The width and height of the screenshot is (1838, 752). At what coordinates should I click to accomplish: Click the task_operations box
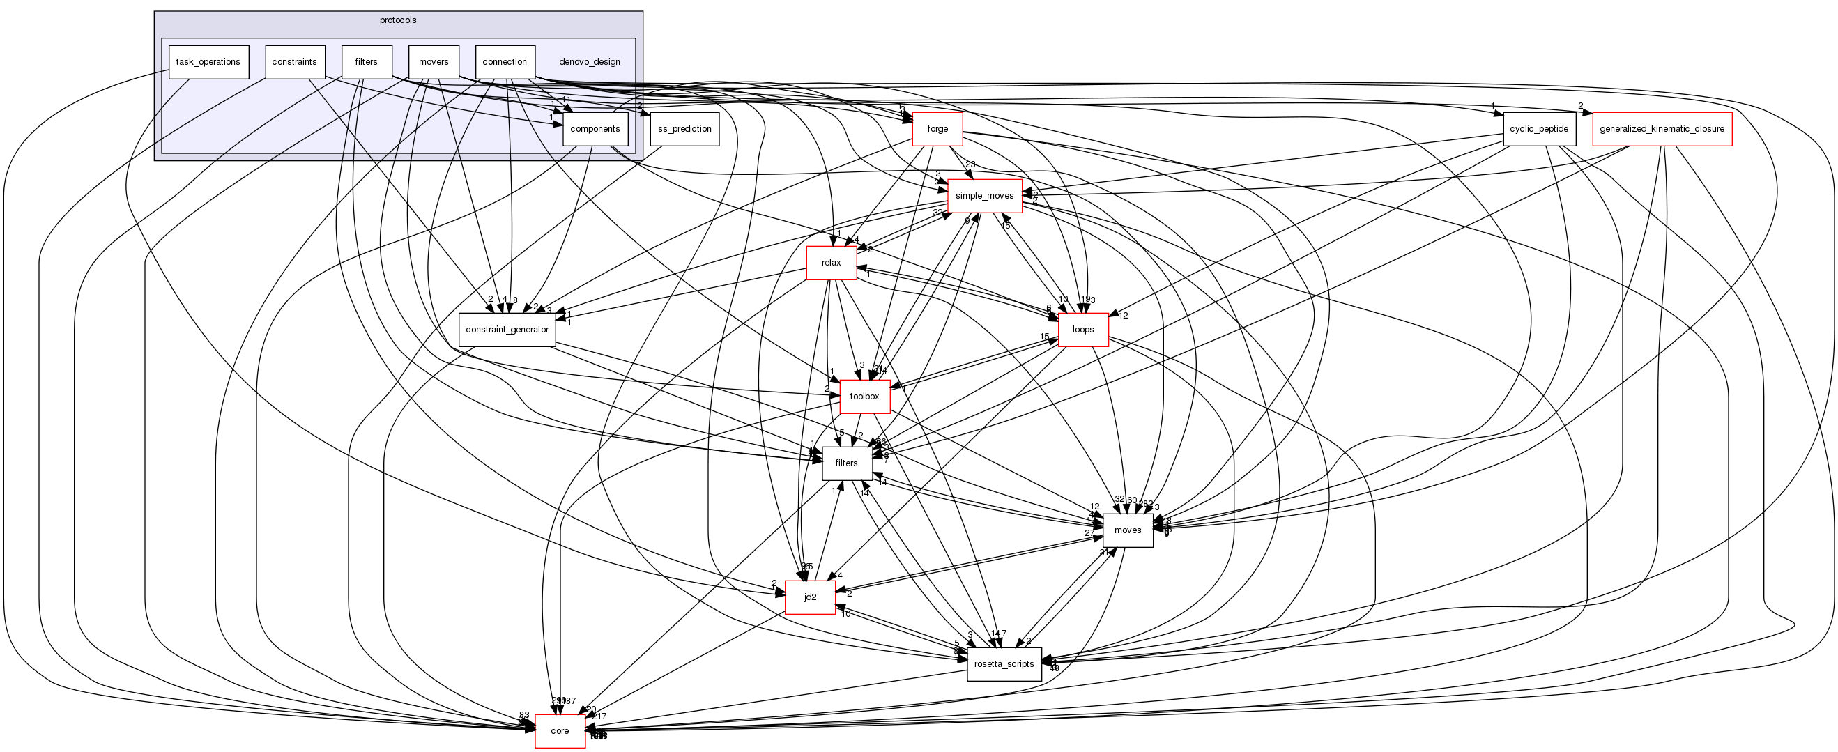(208, 62)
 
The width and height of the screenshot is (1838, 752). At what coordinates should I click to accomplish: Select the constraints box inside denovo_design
(295, 62)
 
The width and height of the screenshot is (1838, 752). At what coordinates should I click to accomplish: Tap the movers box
(433, 62)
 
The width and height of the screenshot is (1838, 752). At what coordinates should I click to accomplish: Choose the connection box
(505, 62)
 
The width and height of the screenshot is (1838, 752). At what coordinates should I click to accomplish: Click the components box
(595, 129)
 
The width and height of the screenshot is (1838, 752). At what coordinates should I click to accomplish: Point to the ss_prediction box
(684, 129)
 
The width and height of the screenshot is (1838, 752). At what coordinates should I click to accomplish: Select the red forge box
(937, 129)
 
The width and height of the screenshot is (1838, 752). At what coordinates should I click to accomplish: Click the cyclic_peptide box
(1538, 129)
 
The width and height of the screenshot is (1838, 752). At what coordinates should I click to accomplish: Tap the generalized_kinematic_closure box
(1662, 129)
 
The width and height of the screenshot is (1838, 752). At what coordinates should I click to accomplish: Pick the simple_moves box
(984, 195)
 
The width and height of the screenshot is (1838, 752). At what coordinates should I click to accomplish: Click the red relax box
(831, 263)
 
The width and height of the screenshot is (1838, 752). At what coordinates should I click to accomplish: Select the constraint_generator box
(507, 330)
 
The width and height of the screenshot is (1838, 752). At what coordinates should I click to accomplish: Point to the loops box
(1082, 330)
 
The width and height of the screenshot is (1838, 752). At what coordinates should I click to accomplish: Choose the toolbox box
(864, 397)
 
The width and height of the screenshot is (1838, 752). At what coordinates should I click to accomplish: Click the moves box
(1127, 530)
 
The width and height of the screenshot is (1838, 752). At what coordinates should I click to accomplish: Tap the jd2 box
(810, 597)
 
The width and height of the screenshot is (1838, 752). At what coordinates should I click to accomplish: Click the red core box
(560, 731)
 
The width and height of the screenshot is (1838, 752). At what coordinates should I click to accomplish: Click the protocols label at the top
(398, 20)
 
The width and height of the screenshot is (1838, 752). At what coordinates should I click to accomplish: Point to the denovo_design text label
(590, 62)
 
